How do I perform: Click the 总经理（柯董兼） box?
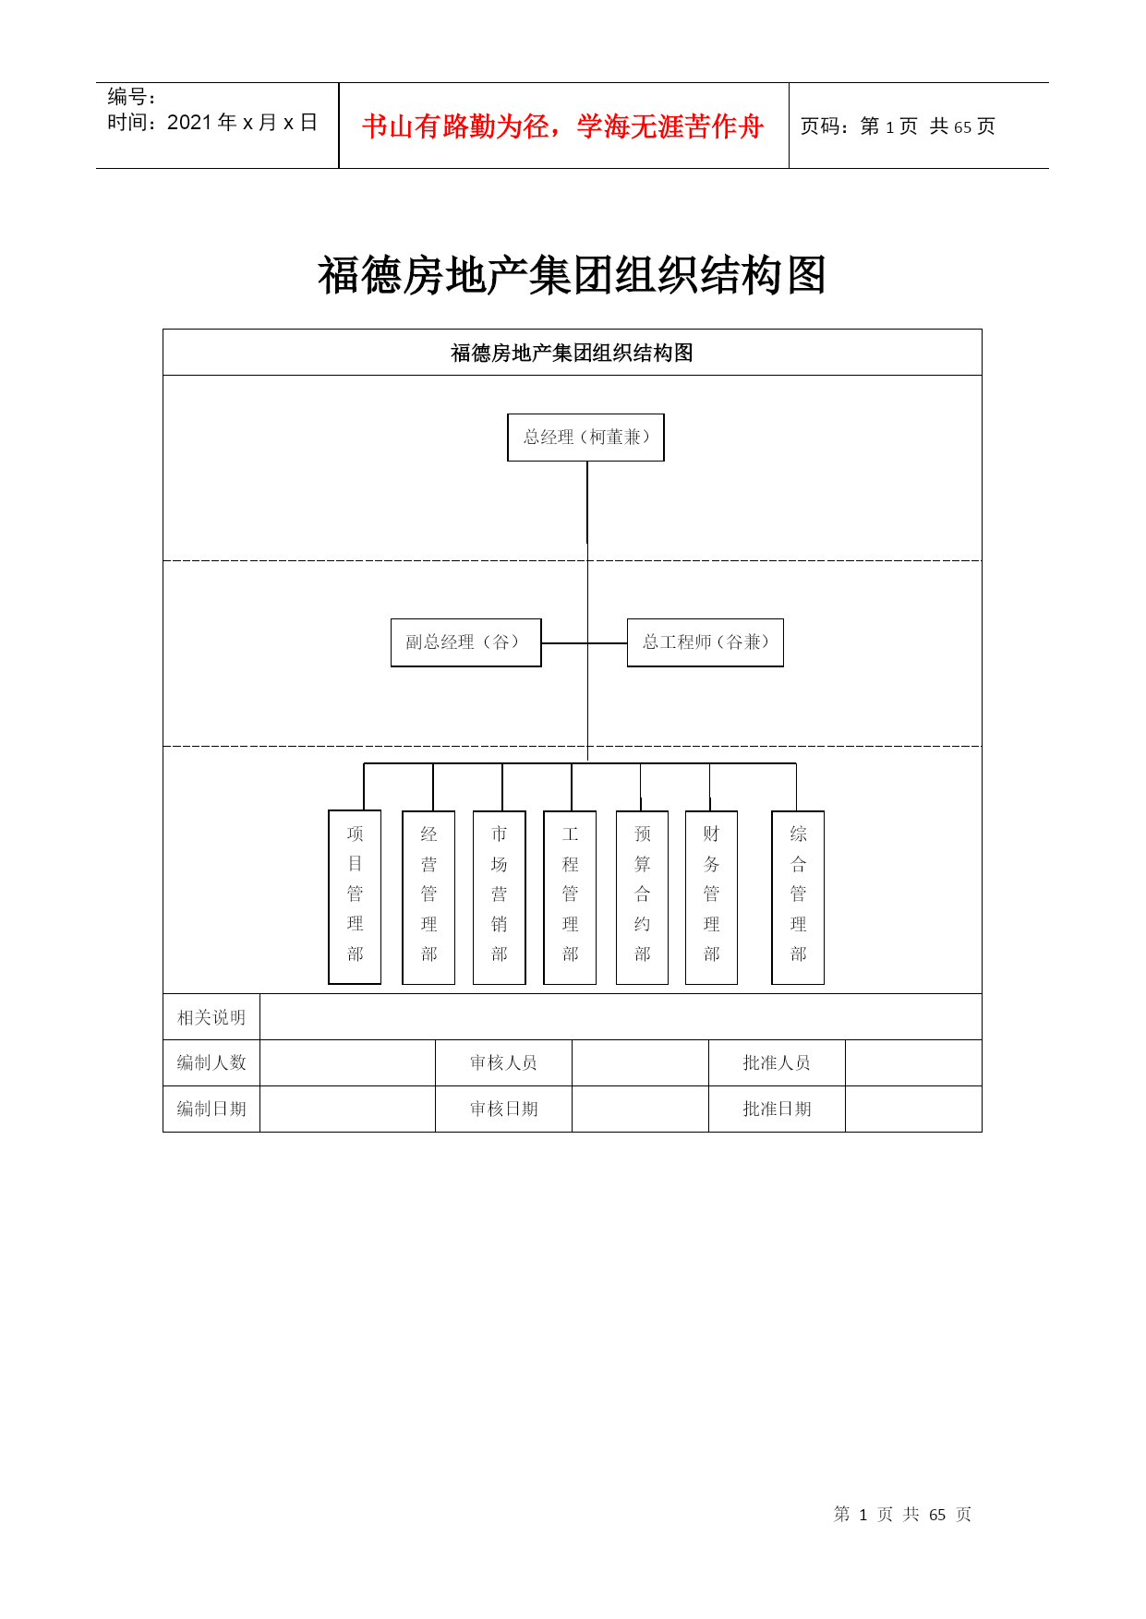point(585,438)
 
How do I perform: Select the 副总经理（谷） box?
point(465,642)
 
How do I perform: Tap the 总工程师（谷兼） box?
point(706,642)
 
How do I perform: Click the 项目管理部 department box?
point(355,897)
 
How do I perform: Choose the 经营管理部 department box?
point(428,897)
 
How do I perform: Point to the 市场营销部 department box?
point(499,897)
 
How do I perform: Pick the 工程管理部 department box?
point(570,897)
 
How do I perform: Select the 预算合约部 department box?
point(642,897)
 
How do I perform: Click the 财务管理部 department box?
point(711,897)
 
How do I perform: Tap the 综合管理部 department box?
point(798,897)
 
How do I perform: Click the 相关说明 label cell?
point(211,1017)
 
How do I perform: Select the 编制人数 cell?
point(211,1062)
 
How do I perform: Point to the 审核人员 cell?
point(503,1062)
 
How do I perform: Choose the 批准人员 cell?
point(777,1062)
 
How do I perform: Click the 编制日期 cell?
point(211,1109)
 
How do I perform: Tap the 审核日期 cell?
point(503,1109)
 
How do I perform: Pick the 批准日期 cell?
point(777,1109)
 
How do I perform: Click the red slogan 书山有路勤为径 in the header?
point(454,126)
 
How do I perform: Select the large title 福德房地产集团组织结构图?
point(572,275)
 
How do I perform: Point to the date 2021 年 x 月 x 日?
point(243,123)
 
